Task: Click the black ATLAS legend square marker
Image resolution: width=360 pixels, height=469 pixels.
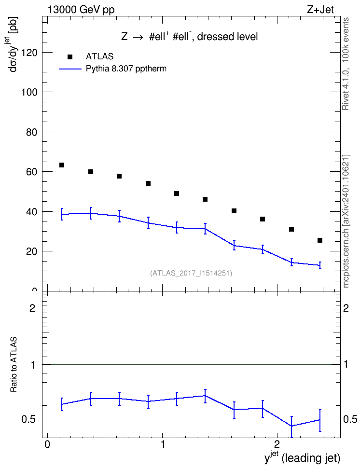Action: click(x=70, y=57)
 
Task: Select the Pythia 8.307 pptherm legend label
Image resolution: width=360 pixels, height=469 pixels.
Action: click(x=126, y=69)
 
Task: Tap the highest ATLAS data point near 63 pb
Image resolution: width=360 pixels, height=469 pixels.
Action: click(x=62, y=165)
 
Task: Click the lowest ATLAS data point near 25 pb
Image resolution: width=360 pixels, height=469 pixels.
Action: click(x=320, y=240)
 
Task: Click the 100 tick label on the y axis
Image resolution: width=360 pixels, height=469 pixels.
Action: click(x=29, y=92)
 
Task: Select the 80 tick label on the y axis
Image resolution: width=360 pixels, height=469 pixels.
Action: click(x=32, y=132)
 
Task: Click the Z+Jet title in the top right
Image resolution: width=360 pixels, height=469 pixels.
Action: click(x=320, y=10)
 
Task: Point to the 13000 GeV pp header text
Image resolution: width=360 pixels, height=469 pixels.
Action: click(x=81, y=10)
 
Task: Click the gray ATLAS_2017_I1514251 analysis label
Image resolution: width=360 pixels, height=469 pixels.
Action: click(x=191, y=273)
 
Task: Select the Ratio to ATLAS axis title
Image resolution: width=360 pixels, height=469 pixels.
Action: click(x=14, y=365)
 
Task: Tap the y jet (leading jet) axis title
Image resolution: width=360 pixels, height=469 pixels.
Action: click(x=302, y=458)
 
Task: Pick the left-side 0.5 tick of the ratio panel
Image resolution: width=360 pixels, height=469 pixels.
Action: click(x=29, y=420)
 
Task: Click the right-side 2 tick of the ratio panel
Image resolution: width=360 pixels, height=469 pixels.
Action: click(x=346, y=308)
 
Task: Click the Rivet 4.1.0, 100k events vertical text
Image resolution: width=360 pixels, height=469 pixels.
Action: click(x=346, y=64)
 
